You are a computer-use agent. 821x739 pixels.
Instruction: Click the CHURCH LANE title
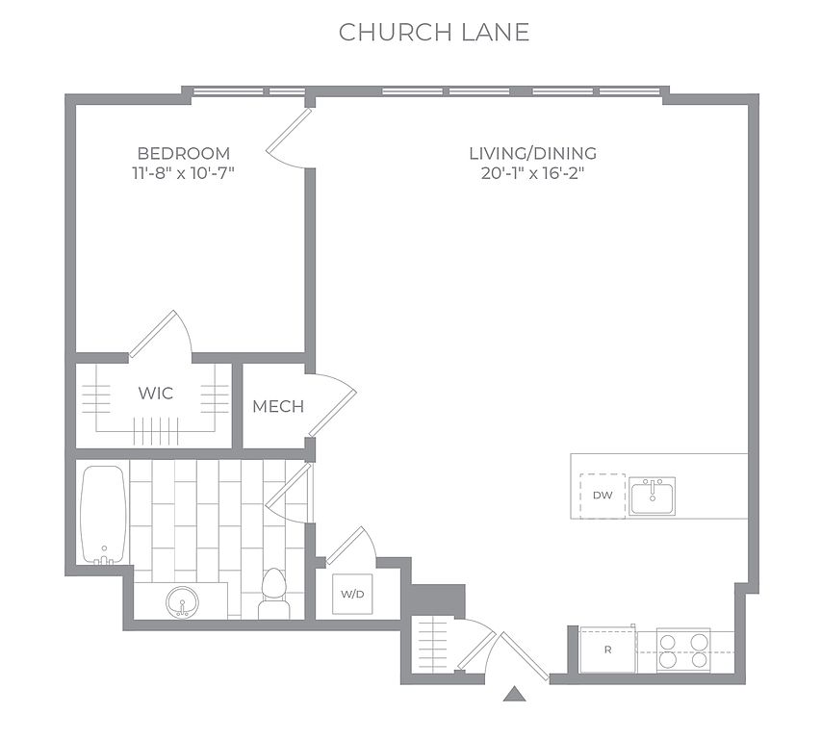(x=433, y=33)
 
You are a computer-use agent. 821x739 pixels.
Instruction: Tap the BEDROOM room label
(x=183, y=153)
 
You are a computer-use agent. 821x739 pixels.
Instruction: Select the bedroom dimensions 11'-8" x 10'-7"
(x=183, y=172)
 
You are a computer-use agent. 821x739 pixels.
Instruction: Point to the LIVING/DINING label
(x=532, y=153)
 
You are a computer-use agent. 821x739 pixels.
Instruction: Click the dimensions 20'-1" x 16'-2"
(x=532, y=172)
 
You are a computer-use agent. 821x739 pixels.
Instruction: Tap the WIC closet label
(x=156, y=393)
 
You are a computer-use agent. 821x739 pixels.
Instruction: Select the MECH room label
(x=278, y=407)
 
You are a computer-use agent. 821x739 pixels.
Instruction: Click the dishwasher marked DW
(x=603, y=496)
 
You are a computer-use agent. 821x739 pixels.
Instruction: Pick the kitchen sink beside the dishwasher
(x=652, y=496)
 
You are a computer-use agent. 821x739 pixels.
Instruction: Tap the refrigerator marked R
(x=608, y=650)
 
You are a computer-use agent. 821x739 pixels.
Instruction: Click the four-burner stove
(x=683, y=650)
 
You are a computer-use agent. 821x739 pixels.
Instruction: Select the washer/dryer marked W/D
(x=352, y=594)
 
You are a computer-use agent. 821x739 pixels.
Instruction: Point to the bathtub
(x=103, y=515)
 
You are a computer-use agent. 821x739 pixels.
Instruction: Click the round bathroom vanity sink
(x=182, y=601)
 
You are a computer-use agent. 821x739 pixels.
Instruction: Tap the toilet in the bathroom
(x=274, y=594)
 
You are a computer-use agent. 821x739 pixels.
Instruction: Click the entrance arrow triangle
(x=514, y=694)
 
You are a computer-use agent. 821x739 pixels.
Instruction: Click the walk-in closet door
(x=160, y=333)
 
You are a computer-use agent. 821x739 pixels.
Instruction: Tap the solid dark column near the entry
(x=437, y=600)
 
